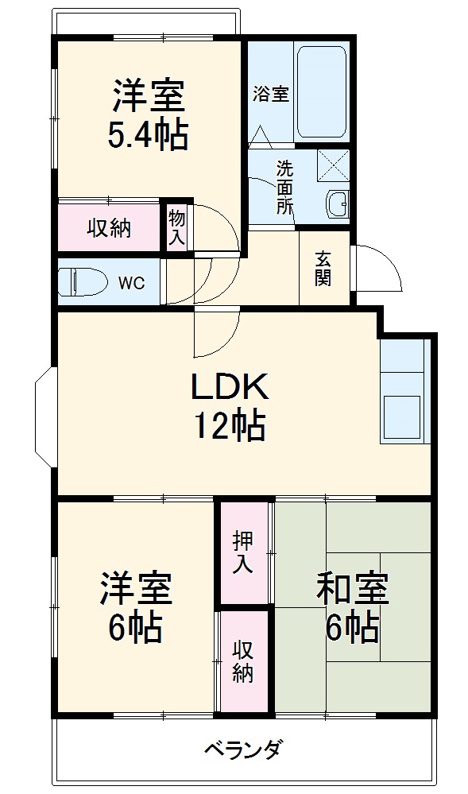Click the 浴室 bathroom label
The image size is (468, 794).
[x=270, y=94]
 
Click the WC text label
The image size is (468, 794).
[x=131, y=284]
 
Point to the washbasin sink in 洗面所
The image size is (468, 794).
[x=338, y=204]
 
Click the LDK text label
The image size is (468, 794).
[x=230, y=387]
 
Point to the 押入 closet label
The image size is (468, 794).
[x=243, y=552]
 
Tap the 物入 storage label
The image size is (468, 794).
[x=176, y=227]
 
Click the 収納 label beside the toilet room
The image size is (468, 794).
[x=109, y=228]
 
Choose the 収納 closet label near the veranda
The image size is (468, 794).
[x=243, y=660]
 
